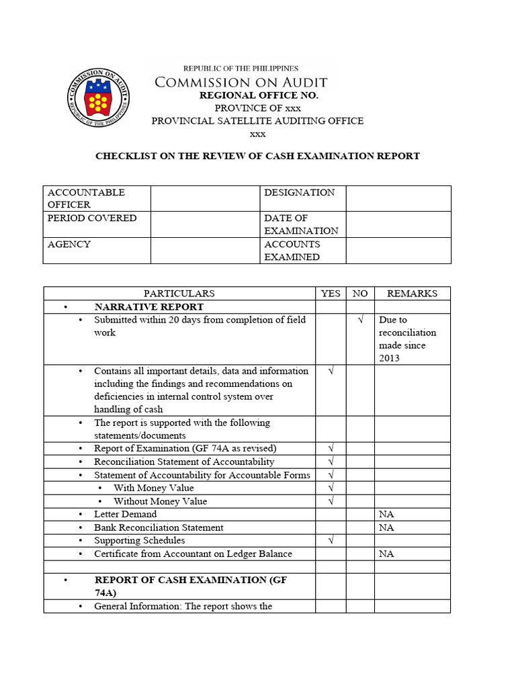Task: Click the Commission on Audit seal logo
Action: tap(99, 99)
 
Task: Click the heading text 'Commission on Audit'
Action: tap(241, 83)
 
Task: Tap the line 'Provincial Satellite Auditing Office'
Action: tap(257, 121)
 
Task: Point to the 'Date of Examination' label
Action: tap(301, 224)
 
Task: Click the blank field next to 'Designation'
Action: tap(398, 198)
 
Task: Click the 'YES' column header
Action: tap(331, 294)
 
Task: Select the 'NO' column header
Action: tap(360, 294)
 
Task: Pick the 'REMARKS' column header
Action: tap(412, 294)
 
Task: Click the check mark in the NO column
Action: tap(360, 320)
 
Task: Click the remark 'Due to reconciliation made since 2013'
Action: tap(407, 339)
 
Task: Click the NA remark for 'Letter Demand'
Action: tap(386, 515)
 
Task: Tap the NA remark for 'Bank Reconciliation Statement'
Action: tap(386, 527)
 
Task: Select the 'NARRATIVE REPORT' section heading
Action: tap(149, 307)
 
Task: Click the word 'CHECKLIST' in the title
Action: tap(125, 156)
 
